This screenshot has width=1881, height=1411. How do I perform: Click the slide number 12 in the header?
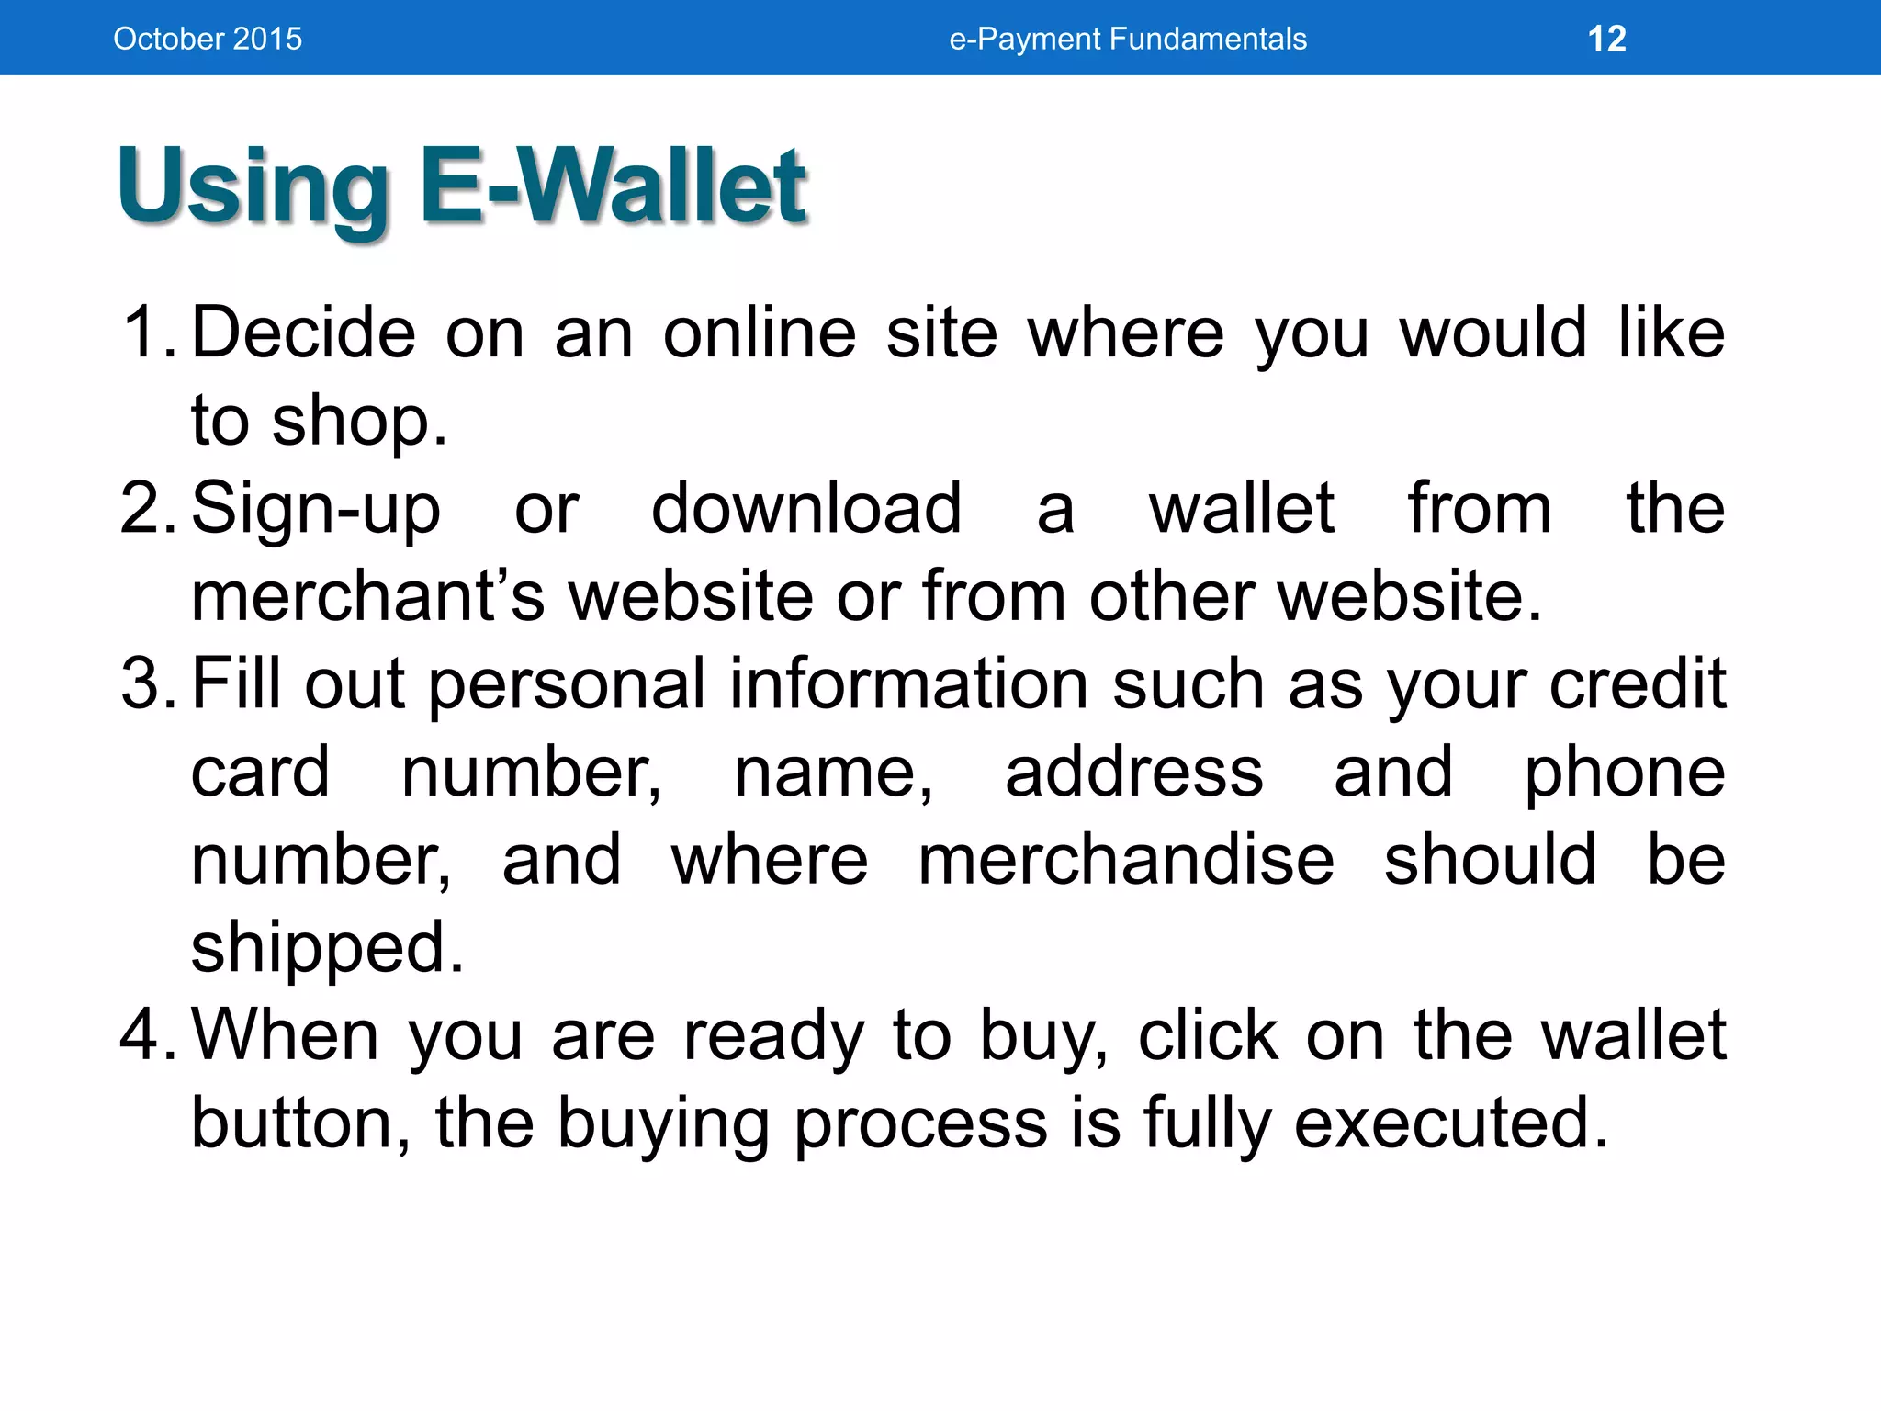(1606, 39)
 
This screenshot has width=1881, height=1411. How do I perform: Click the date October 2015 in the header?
(208, 39)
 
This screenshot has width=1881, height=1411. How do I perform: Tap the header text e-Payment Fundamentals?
(1127, 39)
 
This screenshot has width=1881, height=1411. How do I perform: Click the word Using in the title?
(253, 188)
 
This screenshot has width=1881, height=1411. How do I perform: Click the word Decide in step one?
(303, 332)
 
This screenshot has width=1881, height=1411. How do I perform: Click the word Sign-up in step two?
(316, 510)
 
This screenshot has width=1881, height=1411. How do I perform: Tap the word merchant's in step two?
(367, 596)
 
